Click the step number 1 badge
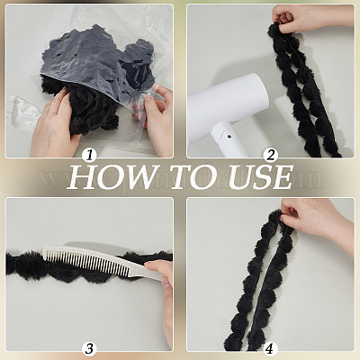(89, 156)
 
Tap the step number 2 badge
(271, 156)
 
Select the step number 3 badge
(89, 348)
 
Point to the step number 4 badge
(271, 348)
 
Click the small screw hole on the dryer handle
(229, 137)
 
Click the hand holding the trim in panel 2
(309, 18)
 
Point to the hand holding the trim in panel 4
(315, 223)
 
